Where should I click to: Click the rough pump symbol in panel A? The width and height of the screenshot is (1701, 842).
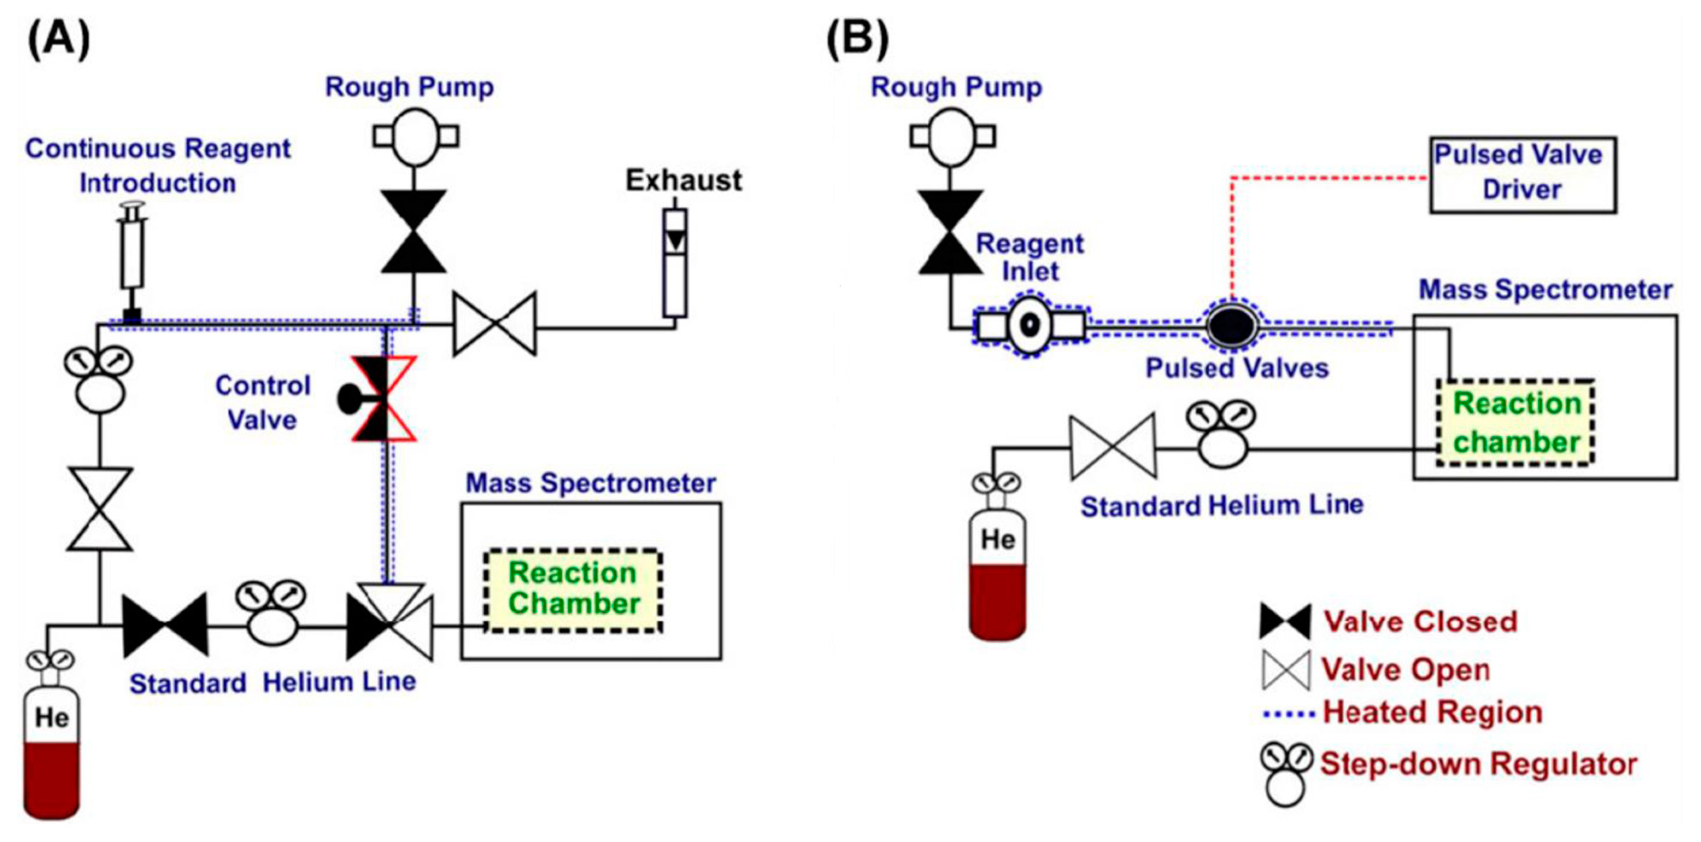click(415, 137)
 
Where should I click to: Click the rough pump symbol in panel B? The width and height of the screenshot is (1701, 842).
click(952, 137)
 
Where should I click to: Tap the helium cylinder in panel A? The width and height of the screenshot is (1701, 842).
click(52, 753)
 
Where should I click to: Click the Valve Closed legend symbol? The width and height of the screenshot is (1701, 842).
click(1285, 622)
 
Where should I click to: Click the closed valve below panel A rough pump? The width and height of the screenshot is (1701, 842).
click(414, 231)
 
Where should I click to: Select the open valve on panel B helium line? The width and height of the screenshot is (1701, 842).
click(1113, 447)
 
